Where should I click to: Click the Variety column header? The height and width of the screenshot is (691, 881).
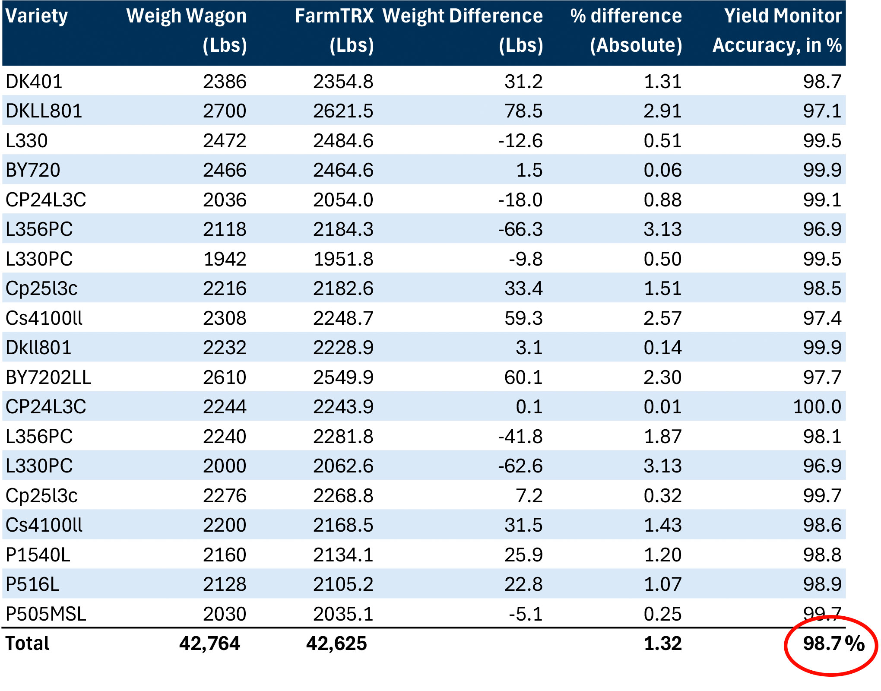click(37, 16)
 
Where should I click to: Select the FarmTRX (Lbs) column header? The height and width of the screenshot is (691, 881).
click(334, 30)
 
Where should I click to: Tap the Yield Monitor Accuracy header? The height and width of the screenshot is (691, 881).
click(777, 30)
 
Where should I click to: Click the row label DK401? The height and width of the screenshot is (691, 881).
click(34, 82)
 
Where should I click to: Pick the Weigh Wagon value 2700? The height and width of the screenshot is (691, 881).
click(225, 111)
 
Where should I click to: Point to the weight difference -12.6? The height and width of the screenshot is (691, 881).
click(520, 141)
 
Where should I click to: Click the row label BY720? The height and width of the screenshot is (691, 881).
click(33, 170)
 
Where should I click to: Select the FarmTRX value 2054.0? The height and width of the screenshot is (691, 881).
click(343, 200)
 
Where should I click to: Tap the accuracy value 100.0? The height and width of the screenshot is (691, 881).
click(817, 407)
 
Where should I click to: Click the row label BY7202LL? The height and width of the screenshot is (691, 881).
click(48, 377)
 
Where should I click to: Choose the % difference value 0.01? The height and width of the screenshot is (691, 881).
click(662, 407)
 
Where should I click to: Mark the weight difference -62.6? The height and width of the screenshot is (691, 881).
click(520, 466)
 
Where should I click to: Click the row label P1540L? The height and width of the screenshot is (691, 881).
click(38, 555)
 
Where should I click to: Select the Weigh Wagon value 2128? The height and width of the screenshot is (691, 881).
click(225, 584)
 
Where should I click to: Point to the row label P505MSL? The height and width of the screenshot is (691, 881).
click(46, 614)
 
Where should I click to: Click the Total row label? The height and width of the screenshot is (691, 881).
click(28, 643)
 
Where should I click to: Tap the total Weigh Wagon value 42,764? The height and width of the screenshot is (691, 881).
click(209, 643)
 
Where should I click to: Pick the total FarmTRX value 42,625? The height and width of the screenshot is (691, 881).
click(336, 643)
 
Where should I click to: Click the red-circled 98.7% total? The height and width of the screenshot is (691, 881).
click(833, 643)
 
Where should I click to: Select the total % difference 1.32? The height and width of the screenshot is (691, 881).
click(662, 643)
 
